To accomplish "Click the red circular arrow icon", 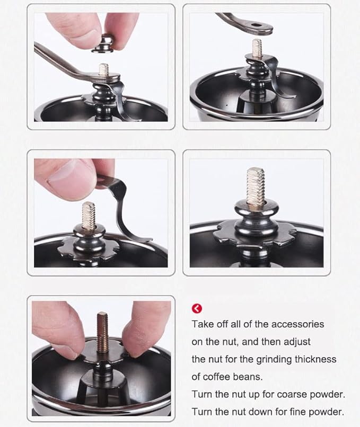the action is point(197,308).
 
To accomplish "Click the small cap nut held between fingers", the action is point(103,44).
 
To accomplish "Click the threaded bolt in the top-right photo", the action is point(257,48).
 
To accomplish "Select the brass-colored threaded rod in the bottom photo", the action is point(103,332).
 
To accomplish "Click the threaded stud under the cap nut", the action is point(104,70).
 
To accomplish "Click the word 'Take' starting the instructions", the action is point(202,324).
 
